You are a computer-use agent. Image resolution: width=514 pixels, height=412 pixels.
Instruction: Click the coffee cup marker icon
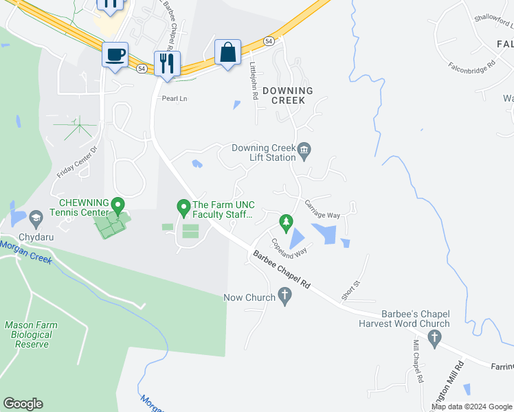pos(115,54)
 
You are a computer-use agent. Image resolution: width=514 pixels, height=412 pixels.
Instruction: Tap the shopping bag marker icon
pos(227,51)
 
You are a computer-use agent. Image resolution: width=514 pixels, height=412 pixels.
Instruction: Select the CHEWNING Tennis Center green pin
pos(118,205)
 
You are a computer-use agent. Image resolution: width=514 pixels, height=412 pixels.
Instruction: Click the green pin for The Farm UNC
pos(183,205)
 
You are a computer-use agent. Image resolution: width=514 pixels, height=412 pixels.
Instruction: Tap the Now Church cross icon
pos(286,297)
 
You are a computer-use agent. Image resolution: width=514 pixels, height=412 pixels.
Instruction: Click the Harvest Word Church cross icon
pos(434,336)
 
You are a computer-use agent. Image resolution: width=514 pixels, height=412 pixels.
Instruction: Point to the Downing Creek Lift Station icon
pos(305,149)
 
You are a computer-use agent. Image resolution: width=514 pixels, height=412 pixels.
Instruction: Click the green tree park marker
pos(287,222)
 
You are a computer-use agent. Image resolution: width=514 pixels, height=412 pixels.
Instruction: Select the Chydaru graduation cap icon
pos(34,220)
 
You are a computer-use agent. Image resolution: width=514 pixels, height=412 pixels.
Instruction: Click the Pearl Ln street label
pos(175,99)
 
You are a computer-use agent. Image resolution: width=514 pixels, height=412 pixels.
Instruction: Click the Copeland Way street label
pos(289,247)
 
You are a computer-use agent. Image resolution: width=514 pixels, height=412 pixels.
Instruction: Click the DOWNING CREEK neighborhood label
pos(287,95)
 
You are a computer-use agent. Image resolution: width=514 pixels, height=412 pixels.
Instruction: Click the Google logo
pos(23,404)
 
